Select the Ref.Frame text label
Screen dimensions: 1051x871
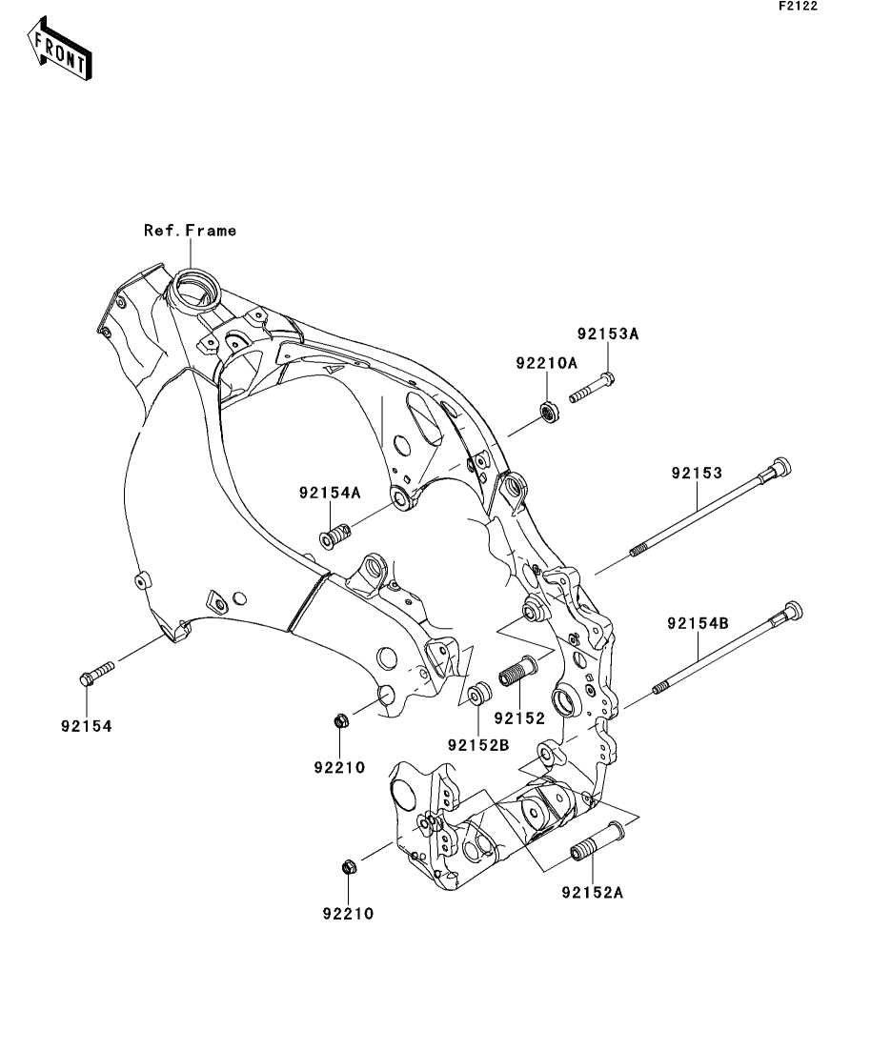coord(190,230)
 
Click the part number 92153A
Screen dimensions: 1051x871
coord(607,333)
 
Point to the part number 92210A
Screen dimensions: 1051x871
coord(547,362)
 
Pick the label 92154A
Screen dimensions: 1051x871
coord(330,493)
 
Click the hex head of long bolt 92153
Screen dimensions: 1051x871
coord(780,468)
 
